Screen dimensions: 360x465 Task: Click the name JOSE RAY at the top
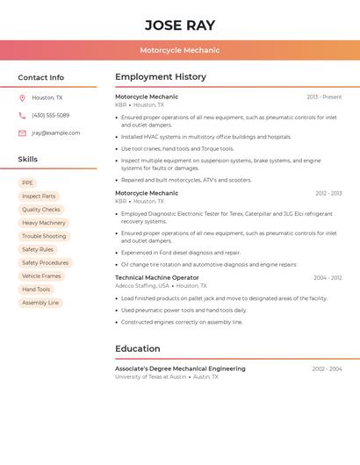179,25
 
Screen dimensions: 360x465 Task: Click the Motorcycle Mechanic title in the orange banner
179,50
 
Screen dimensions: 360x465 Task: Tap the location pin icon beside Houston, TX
22,98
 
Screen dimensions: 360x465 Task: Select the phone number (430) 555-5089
50,116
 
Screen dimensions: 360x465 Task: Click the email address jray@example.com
55,133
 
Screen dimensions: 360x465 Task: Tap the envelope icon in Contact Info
22,133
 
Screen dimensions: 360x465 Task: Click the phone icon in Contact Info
22,116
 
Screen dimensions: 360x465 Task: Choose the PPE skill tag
27,183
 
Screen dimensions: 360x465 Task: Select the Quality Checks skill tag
41,210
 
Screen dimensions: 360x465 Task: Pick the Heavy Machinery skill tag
44,223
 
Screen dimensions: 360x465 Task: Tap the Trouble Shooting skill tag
44,236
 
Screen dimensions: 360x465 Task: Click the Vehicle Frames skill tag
41,276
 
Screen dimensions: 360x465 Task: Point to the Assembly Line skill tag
40,303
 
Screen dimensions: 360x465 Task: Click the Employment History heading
161,77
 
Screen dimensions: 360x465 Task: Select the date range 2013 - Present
324,97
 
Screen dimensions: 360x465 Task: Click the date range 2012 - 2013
328,193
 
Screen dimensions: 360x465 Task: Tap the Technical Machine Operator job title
157,277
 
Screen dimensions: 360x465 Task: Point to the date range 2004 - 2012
328,278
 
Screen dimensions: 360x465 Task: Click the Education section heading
138,348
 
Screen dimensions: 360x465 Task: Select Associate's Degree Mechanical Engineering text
180,368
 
